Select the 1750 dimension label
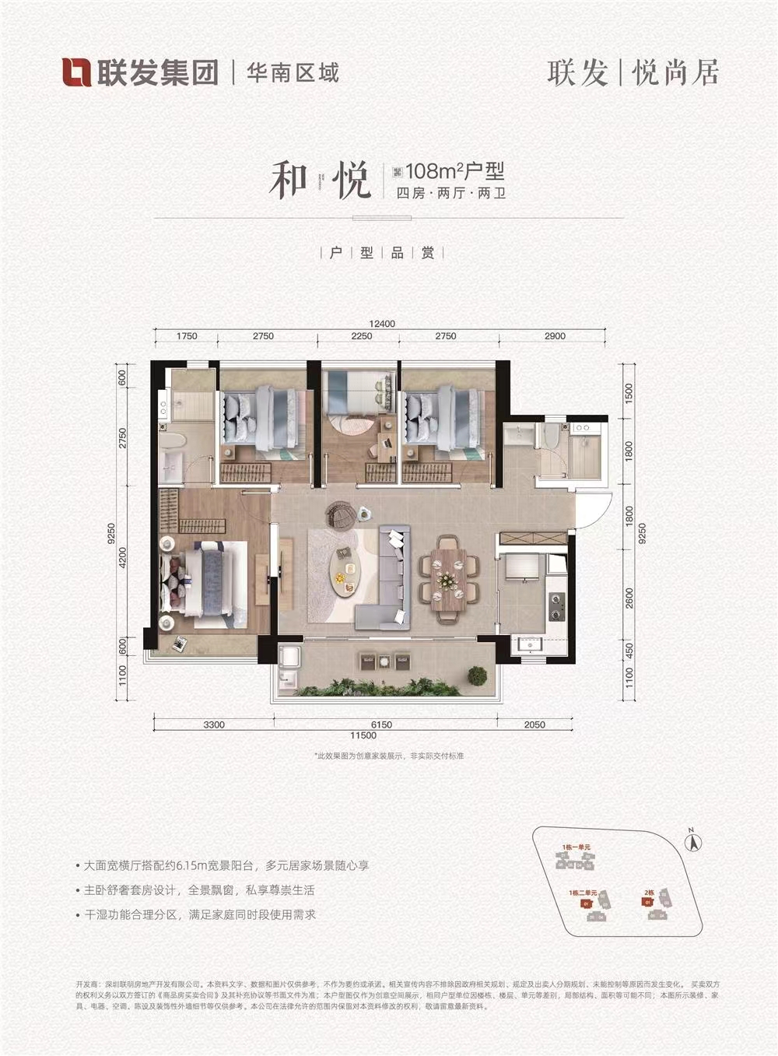click(187, 336)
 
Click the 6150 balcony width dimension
click(380, 724)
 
